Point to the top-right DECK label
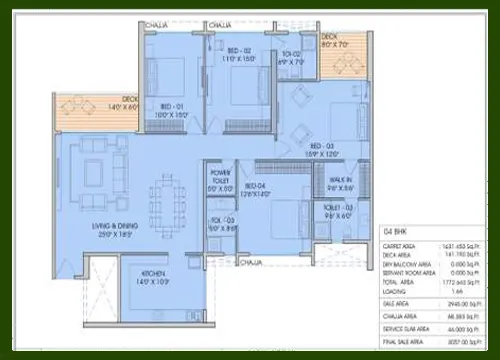334,37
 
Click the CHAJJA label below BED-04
250,262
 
